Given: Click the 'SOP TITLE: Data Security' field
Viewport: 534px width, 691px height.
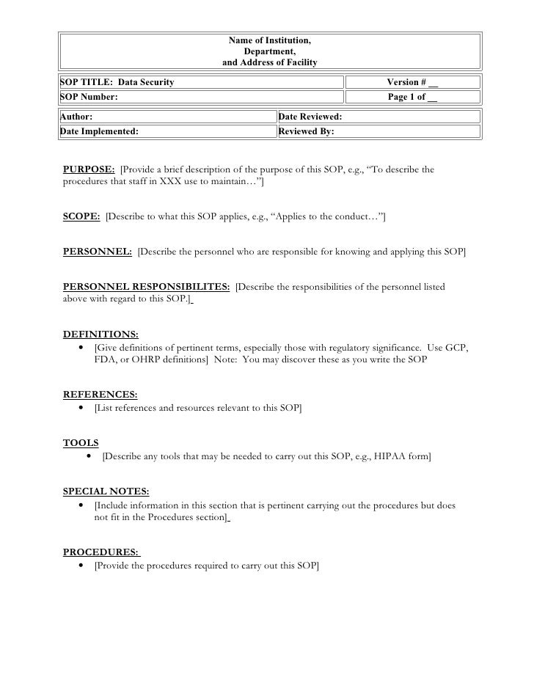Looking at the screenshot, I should coord(117,82).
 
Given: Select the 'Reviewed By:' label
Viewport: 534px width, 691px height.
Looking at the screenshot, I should coord(307,132).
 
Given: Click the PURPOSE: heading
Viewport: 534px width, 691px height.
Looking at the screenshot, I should coord(89,170).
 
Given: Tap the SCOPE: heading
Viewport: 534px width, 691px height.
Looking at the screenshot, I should coord(81,217).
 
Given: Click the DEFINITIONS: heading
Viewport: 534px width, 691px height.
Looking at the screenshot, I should coord(100,334).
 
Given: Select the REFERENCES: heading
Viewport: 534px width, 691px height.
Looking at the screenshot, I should coord(100,395).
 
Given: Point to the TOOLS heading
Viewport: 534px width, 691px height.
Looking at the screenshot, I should coord(81,443).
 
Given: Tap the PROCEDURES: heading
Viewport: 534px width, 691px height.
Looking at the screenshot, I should coord(101,552).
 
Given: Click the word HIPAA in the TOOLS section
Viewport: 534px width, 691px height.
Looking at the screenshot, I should coord(378,457).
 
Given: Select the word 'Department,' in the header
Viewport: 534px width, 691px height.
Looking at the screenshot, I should coord(270,51).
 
